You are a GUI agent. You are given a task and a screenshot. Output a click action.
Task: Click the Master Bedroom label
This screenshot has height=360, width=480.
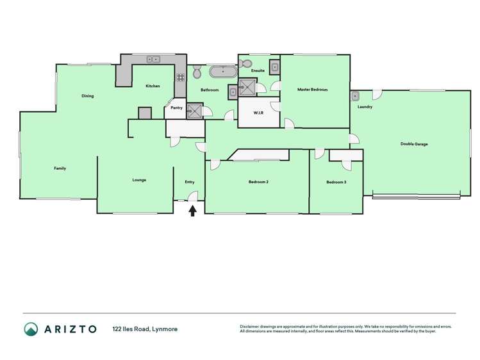coord(312,90)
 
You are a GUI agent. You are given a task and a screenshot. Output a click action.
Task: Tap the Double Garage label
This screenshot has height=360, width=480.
coord(414,144)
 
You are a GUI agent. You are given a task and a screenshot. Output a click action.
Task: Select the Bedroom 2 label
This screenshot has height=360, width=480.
coord(258,182)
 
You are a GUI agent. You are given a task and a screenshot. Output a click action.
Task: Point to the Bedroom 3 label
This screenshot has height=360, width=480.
coord(336,183)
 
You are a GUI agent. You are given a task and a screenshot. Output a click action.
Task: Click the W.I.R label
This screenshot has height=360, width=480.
coord(259,113)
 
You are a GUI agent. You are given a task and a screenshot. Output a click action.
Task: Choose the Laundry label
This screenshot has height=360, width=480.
coord(365,107)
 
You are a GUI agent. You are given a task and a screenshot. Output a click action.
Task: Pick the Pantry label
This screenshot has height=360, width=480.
coord(176,108)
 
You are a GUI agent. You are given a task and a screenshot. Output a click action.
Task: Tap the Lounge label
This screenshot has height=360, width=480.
coord(139,180)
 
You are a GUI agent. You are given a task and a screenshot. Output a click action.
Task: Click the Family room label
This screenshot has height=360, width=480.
coord(60,168)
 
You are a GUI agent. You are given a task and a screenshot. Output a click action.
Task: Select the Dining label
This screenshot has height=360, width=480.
coord(88,96)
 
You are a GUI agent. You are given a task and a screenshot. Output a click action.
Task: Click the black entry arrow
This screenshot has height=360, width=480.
coord(192,210)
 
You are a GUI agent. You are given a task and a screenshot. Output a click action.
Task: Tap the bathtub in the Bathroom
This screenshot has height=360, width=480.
coord(222,71)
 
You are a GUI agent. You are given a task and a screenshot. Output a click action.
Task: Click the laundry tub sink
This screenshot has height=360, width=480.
coord(355,96)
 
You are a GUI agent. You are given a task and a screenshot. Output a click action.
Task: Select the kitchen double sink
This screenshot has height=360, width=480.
coord(154,60)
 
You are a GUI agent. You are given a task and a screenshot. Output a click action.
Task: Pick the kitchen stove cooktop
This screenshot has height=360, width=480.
coord(181,77)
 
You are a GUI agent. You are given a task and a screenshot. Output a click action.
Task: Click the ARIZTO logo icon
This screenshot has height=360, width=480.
coord(31,329)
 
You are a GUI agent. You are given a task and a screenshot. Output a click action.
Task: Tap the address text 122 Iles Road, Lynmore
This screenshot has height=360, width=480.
coord(145,329)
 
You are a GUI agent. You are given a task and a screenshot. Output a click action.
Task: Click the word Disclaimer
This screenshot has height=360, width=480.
coord(251,326)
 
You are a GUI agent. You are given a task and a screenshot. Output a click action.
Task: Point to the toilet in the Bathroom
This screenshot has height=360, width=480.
coord(197,73)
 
